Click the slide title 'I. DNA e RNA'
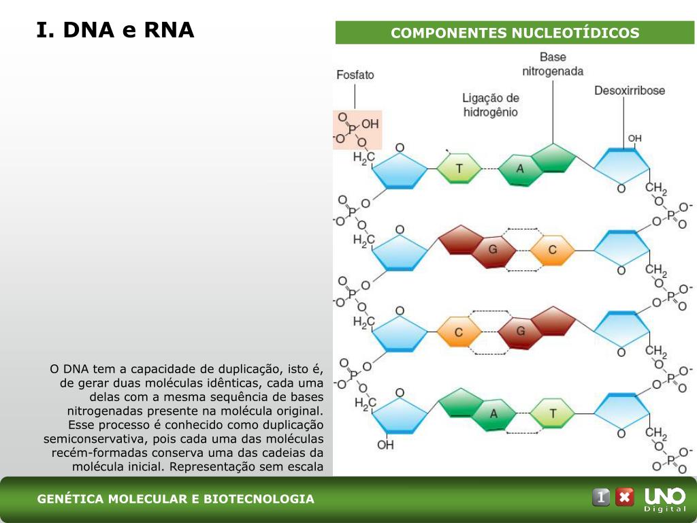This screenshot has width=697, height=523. [115, 30]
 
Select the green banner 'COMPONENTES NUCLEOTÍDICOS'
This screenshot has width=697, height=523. [515, 33]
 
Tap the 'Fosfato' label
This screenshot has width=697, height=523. [355, 75]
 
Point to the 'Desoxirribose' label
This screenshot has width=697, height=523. [630, 91]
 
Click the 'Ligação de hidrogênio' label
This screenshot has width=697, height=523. [491, 105]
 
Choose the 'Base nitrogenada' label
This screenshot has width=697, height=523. [553, 64]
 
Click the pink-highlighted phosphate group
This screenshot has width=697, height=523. [357, 130]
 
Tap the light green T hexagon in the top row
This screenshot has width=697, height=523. [459, 168]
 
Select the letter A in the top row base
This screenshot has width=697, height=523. [519, 169]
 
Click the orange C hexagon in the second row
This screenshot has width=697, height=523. [553, 250]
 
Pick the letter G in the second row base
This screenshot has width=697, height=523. [493, 249]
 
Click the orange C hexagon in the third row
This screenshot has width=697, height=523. [459, 332]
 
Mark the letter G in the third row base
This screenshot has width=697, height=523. [521, 332]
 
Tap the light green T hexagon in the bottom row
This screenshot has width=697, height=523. [553, 413]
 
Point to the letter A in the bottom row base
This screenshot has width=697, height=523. [493, 414]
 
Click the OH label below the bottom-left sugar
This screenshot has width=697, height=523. [385, 445]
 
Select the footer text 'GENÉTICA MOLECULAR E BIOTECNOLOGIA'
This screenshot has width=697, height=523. [176, 498]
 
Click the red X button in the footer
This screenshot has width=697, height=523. [625, 496]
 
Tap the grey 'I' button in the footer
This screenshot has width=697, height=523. [601, 496]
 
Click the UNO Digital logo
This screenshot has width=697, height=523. [665, 499]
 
